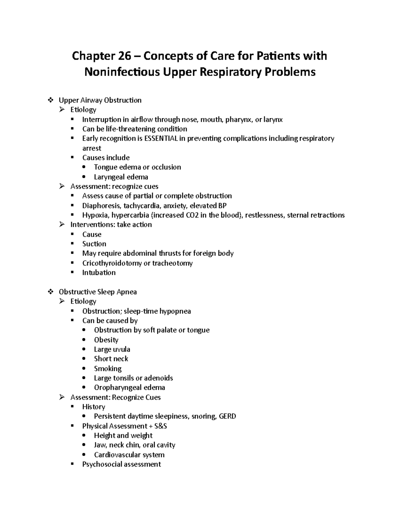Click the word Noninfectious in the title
122,72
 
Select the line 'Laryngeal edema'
121,177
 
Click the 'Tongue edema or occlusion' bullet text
137,167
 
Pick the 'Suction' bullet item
94,244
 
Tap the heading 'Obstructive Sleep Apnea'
98,292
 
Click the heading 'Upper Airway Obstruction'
100,100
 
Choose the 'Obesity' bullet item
106,340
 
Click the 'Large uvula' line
112,349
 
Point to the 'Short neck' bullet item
111,359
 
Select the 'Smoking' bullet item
108,369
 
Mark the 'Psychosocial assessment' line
121,464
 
